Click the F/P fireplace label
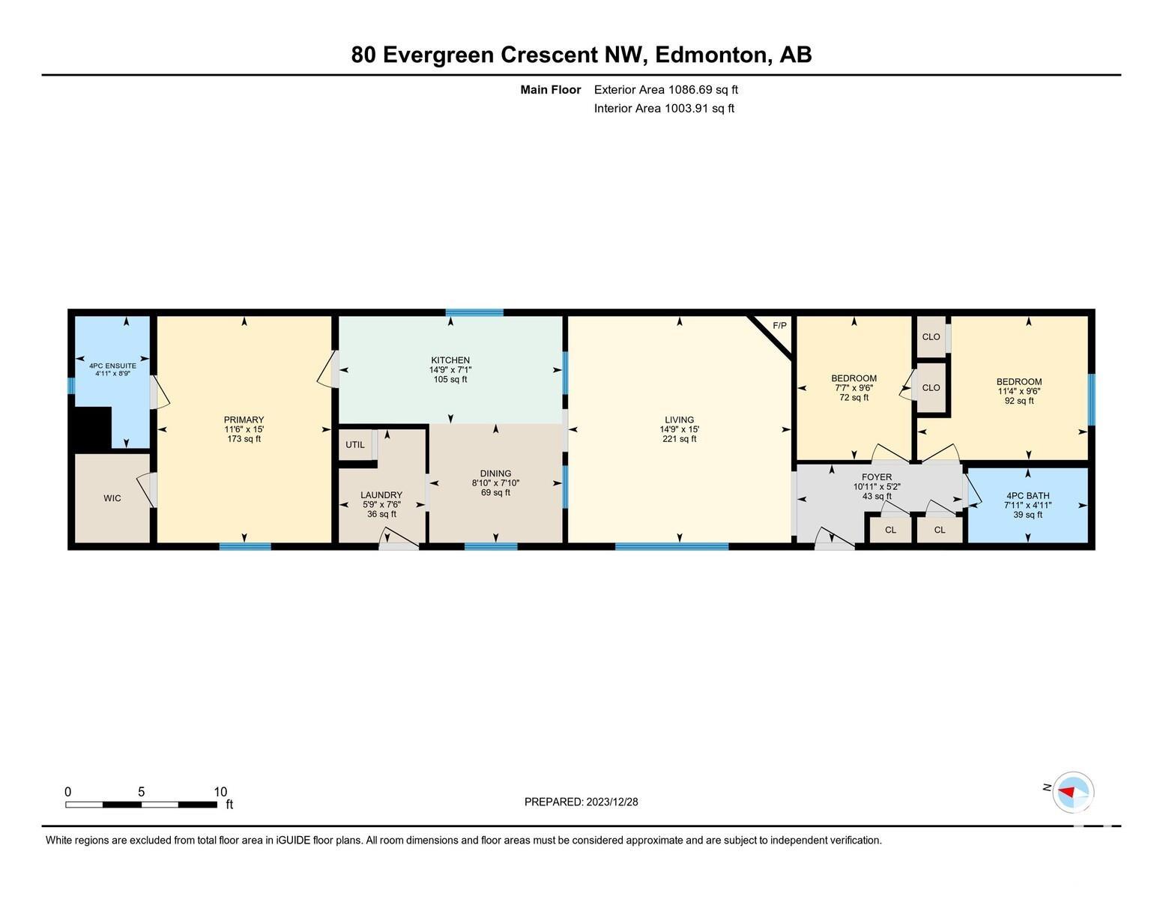click(x=779, y=326)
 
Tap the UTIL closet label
click(x=355, y=444)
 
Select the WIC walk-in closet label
click(x=112, y=498)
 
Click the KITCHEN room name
click(x=450, y=360)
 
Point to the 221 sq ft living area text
click(x=679, y=438)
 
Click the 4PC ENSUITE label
click(x=112, y=366)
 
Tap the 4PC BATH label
click(x=1027, y=496)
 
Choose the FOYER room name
click(x=877, y=477)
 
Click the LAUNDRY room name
click(x=381, y=495)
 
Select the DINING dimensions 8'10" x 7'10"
click(x=495, y=483)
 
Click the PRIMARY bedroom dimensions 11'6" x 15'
click(x=244, y=429)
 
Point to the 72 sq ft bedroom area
click(x=854, y=397)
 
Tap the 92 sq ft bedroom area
click(x=1019, y=401)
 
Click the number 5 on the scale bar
click(x=142, y=792)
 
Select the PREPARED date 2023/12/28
click(x=611, y=802)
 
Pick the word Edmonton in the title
click(x=713, y=55)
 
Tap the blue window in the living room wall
click(x=671, y=547)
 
